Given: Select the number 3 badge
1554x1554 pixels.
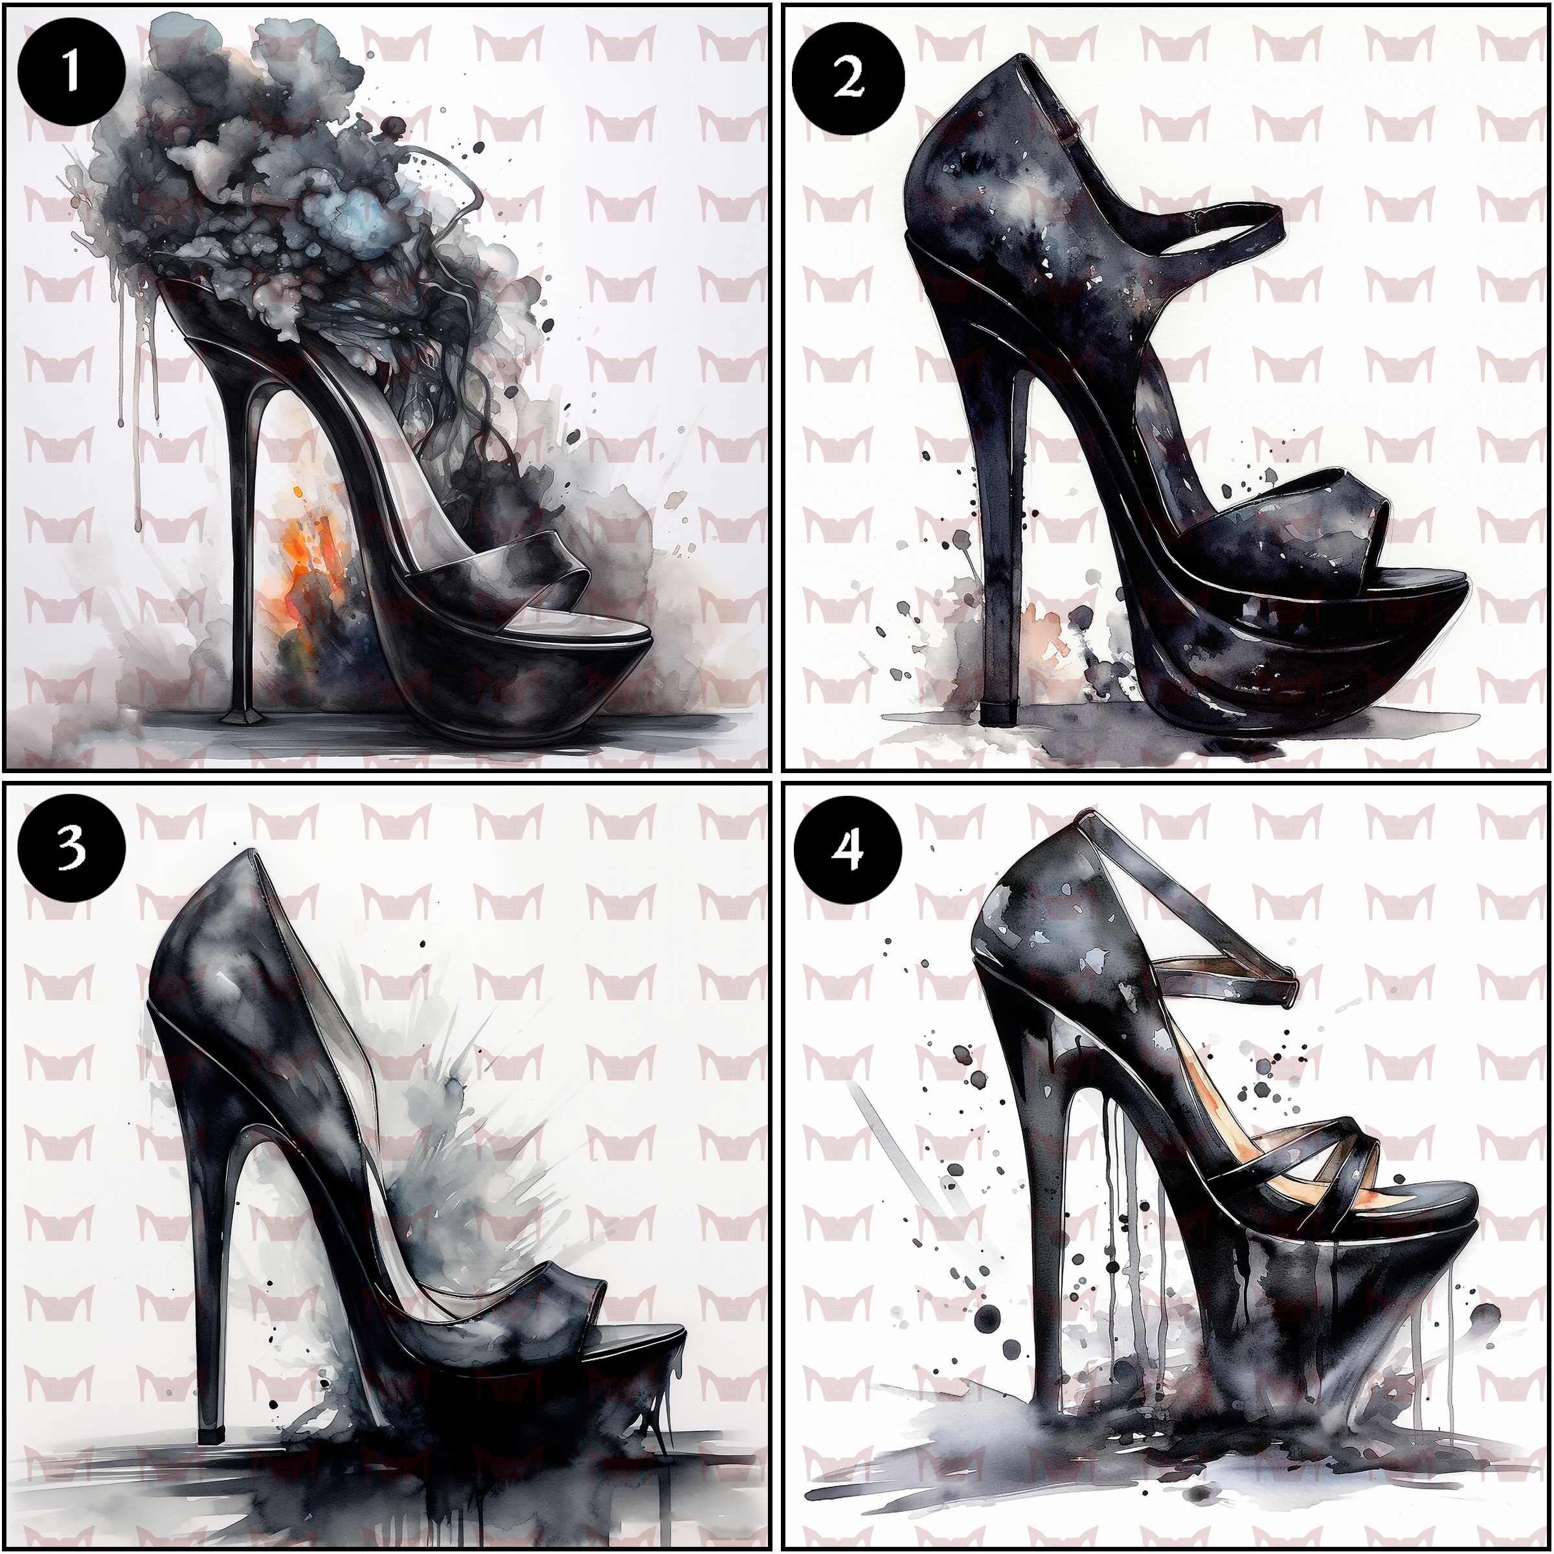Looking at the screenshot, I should pos(72,850).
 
